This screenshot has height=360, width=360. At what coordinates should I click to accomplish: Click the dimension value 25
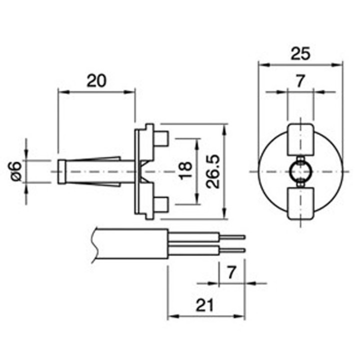[300, 53]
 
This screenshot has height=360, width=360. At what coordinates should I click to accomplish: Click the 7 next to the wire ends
[231, 272]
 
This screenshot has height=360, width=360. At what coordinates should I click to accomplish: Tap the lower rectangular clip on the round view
[300, 203]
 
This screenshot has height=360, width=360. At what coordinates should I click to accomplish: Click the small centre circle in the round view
[300, 171]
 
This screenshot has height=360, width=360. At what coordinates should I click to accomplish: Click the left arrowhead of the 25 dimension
[262, 64]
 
